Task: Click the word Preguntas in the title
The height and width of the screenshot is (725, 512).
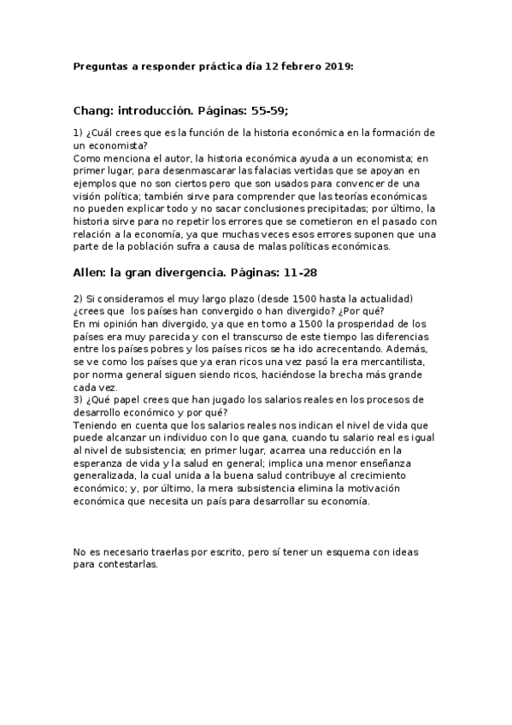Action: tap(99, 66)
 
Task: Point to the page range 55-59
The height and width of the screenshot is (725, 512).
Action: tap(275, 111)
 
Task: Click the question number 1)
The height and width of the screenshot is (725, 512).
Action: tap(79, 133)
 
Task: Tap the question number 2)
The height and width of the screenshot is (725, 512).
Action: tap(79, 298)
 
